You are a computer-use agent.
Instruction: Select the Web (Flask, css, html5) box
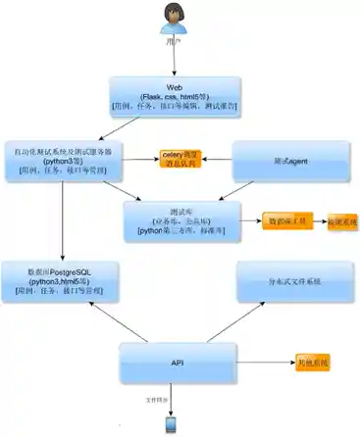176,95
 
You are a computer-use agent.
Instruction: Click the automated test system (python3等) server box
63,161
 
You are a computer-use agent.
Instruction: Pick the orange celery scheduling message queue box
185,159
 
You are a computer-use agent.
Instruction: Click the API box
178,364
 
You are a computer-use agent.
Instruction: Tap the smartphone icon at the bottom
172,423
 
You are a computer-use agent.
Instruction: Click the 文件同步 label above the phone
158,399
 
